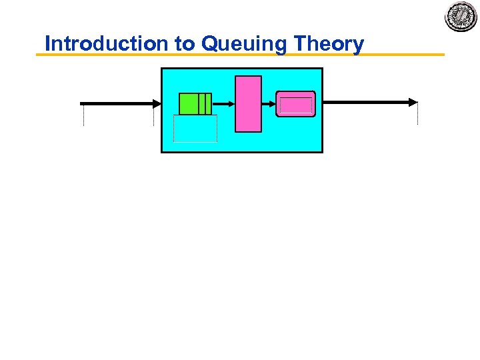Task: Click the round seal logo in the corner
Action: (461, 17)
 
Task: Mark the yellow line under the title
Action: (240, 55)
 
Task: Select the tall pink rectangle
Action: (249, 104)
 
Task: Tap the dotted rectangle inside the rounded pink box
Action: (296, 106)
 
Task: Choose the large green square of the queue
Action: (189, 103)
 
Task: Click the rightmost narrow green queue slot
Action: (209, 103)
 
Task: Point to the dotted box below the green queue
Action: (195, 128)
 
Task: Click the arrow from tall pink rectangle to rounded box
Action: (269, 103)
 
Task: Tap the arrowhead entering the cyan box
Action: (157, 103)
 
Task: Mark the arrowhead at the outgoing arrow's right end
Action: (413, 103)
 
